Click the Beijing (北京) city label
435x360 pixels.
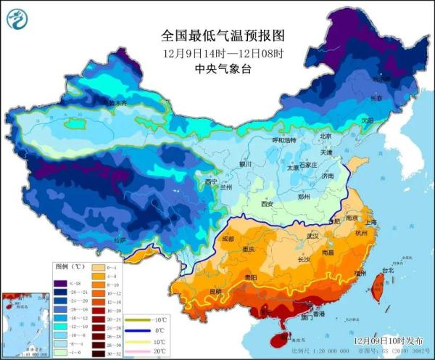326,136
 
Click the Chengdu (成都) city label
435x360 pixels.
228,238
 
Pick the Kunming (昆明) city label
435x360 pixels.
215,292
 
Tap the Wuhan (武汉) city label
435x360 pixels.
313,236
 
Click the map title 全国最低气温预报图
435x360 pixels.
220,35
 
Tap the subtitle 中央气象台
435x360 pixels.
220,69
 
